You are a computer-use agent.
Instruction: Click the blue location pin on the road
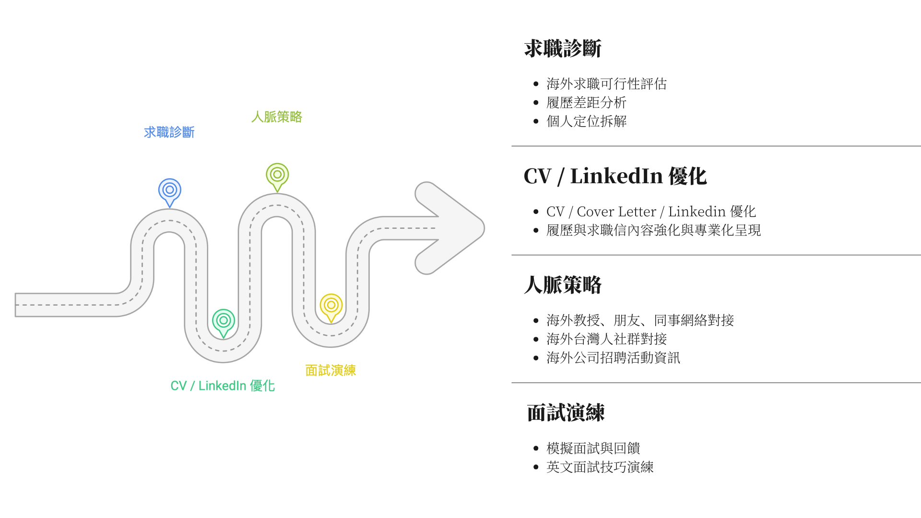(170, 190)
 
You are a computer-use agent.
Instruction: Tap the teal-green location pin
(224, 321)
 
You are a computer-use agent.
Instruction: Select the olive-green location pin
(277, 175)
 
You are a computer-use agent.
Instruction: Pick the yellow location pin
(331, 306)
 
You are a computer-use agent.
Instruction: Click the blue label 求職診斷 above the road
(169, 132)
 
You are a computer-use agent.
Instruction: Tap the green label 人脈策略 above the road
(277, 117)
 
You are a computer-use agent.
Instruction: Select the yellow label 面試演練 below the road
(331, 370)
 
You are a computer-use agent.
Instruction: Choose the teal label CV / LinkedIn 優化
(223, 386)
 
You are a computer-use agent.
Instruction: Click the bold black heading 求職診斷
(563, 48)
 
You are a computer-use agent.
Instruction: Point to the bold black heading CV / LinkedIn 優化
(615, 176)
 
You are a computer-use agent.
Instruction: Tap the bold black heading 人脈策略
(563, 285)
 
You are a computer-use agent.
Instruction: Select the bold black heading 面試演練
(566, 412)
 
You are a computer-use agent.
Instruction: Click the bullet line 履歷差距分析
(586, 103)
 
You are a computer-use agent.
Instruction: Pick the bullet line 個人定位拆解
(586, 121)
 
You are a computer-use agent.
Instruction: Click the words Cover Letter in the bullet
(616, 212)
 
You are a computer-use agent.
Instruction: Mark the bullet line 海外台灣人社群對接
(606, 339)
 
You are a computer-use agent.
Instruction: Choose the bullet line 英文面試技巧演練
(600, 467)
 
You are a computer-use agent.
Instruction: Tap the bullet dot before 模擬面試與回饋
(536, 449)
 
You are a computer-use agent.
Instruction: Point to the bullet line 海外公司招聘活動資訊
(613, 358)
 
